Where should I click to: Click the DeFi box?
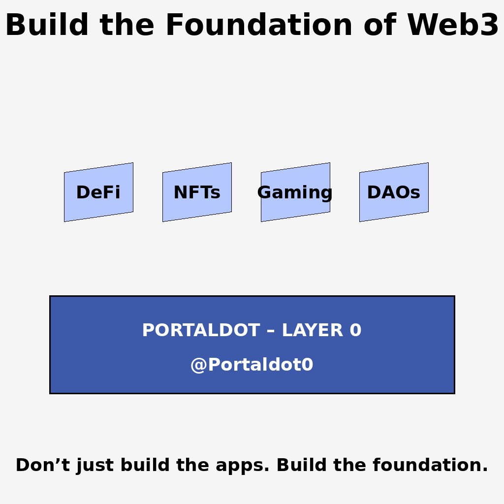coord(98,192)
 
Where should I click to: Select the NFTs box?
coord(197,192)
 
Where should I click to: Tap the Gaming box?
coord(295,192)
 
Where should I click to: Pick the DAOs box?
coord(394,192)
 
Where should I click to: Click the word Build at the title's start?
coord(47,26)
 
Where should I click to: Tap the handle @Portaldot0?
coord(252,365)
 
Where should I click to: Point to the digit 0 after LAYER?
coord(356,330)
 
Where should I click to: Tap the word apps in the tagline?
coord(246,466)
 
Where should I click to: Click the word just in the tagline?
coord(87,466)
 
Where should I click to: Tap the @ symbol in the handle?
coord(198,365)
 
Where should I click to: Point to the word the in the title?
coord(127,26)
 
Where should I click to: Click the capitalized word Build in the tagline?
coord(298,465)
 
